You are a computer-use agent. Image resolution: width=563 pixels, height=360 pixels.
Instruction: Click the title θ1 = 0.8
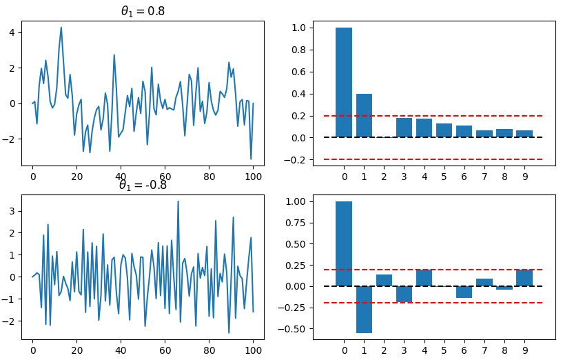click(143, 11)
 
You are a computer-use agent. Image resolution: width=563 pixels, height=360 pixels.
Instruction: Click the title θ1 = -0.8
click(143, 185)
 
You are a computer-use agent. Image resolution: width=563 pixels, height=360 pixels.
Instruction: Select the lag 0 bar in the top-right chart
click(344, 82)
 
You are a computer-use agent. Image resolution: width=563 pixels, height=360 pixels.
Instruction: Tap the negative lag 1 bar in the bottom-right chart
click(365, 310)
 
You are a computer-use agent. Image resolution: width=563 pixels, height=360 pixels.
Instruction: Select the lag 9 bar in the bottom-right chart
click(524, 278)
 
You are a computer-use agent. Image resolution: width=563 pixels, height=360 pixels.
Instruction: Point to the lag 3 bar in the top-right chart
click(405, 128)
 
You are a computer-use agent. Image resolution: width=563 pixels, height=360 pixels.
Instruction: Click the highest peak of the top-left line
click(61, 28)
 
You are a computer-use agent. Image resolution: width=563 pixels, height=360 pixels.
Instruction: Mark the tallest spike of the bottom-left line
click(178, 202)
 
